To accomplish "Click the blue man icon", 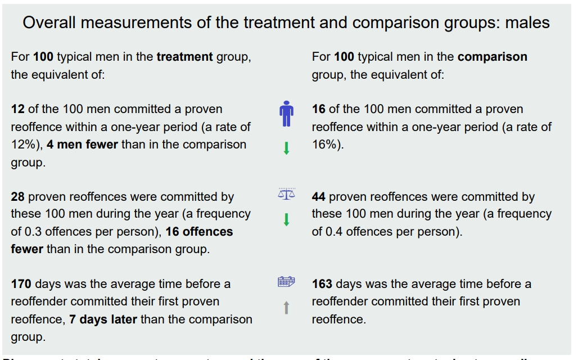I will point(286,114).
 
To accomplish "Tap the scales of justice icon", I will point(286,193).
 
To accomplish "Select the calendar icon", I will point(286,282).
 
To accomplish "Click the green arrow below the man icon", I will point(286,148).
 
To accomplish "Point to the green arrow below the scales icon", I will point(286,219).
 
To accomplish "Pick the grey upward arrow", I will point(286,308).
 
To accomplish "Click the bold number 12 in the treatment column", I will point(17,109).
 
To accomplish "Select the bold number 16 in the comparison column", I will point(319,109).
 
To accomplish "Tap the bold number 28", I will point(18,197).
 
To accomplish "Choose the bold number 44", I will point(319,197).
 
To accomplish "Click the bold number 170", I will point(21,284).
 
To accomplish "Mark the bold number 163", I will point(322,284).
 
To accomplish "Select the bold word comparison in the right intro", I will point(492,57).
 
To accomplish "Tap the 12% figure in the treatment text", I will point(22,145).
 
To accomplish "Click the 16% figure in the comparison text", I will point(324,145).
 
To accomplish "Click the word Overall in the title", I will point(47,23).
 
